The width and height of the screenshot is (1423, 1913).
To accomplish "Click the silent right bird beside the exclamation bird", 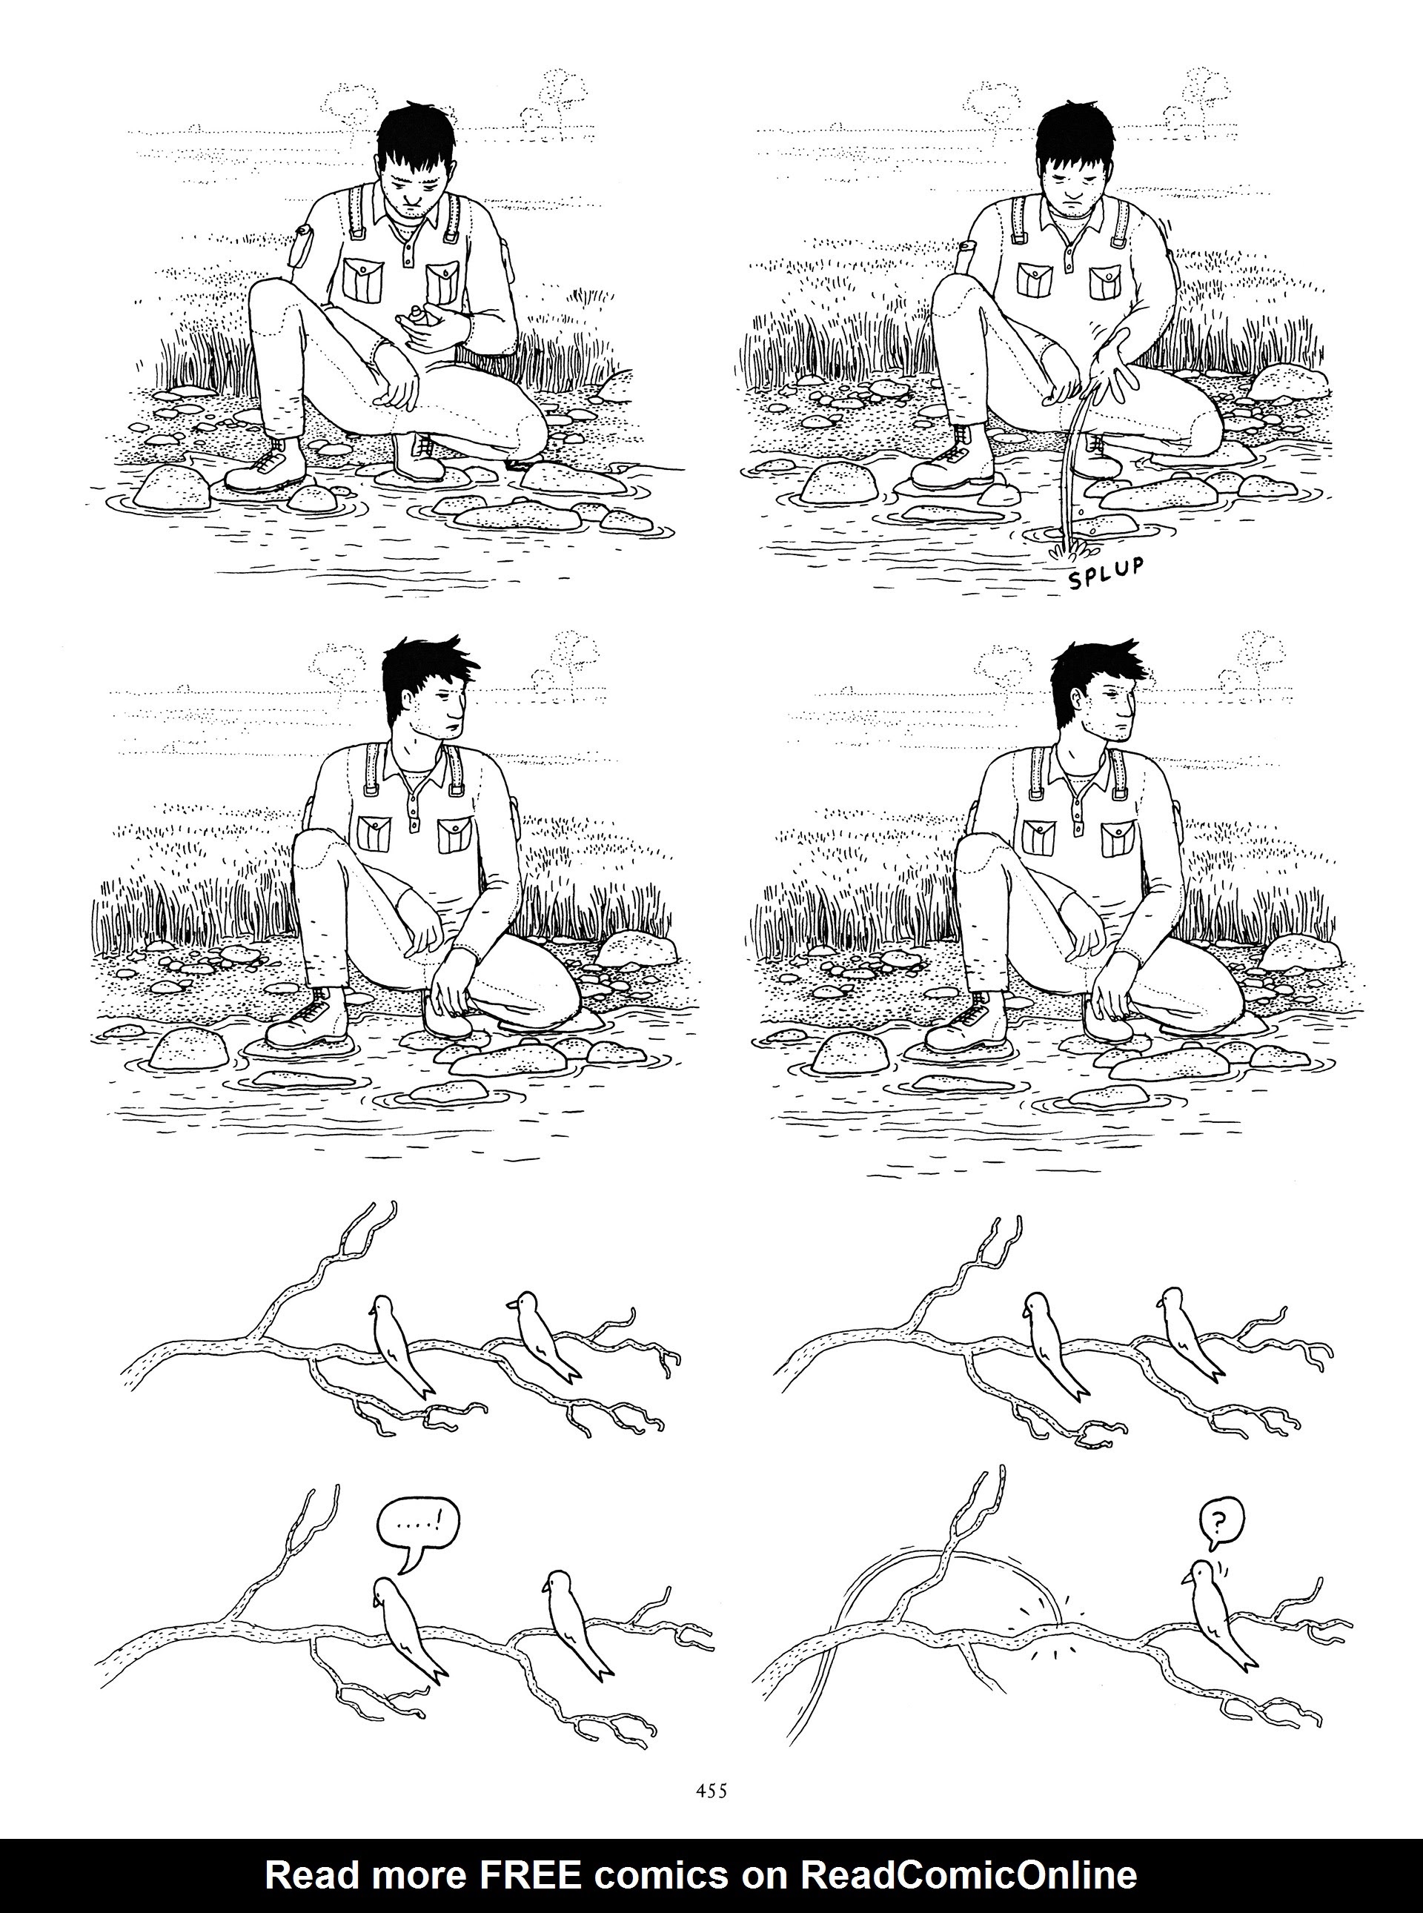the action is [x=573, y=1625].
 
